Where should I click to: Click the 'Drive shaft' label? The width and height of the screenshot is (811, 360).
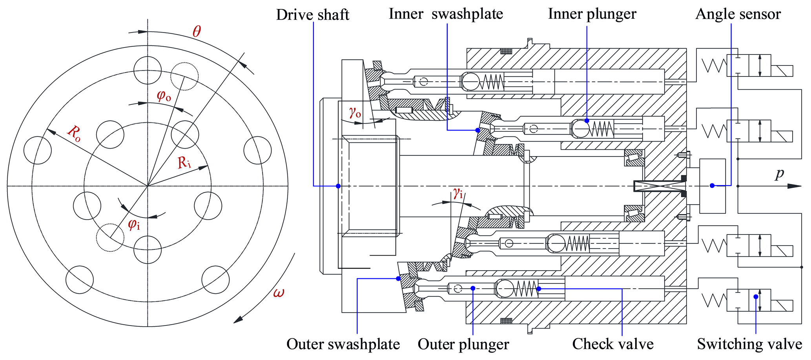[x=313, y=15]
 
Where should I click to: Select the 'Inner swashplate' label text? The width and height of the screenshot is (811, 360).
[x=446, y=14]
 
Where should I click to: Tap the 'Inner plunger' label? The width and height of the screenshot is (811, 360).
[x=592, y=14]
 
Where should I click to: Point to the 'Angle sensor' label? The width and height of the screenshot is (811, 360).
[x=738, y=14]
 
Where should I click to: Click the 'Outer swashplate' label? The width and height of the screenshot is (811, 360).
[x=343, y=344]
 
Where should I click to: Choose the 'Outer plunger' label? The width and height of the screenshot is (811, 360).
[x=463, y=344]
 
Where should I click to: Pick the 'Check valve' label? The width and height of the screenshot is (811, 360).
[x=613, y=344]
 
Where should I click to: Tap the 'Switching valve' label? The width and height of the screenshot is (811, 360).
[x=749, y=344]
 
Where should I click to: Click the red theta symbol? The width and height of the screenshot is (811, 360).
[x=197, y=31]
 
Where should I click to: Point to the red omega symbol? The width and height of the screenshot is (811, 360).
[x=279, y=293]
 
